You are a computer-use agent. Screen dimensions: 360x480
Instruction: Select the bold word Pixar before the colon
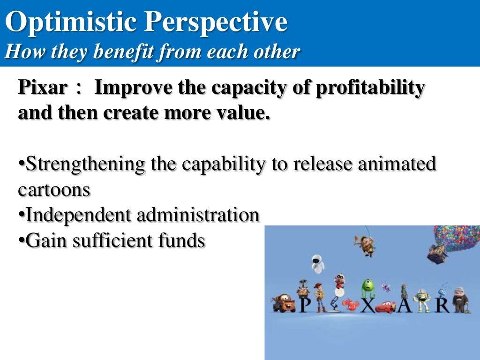[x=42, y=88]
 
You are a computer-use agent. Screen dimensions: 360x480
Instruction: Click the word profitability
[x=370, y=88]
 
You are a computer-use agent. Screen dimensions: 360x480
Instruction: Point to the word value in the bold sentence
[x=246, y=113]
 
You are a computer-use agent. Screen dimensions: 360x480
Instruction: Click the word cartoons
[x=54, y=189]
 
